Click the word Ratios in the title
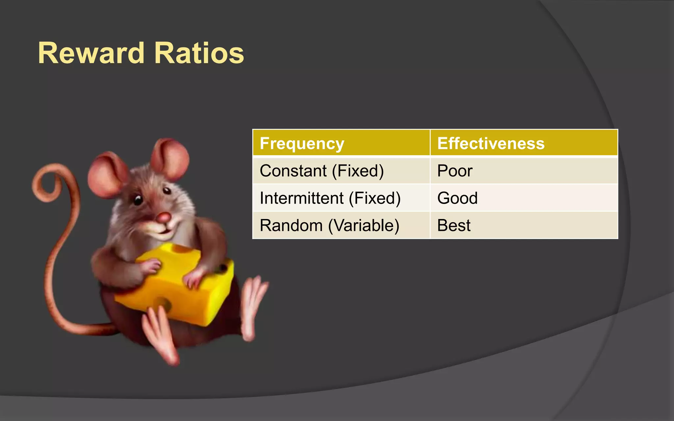[199, 53]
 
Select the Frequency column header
[302, 143]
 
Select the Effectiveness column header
[491, 143]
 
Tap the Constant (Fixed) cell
[322, 171]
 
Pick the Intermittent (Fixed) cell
[330, 198]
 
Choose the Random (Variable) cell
[329, 225]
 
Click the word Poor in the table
[454, 171]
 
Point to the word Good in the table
[457, 198]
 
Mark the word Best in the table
[454, 225]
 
